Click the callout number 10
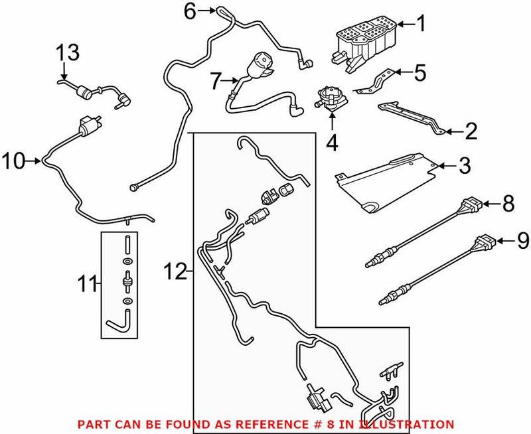tap(15, 160)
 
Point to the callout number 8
tap(508, 204)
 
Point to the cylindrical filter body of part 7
tap(259, 66)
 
